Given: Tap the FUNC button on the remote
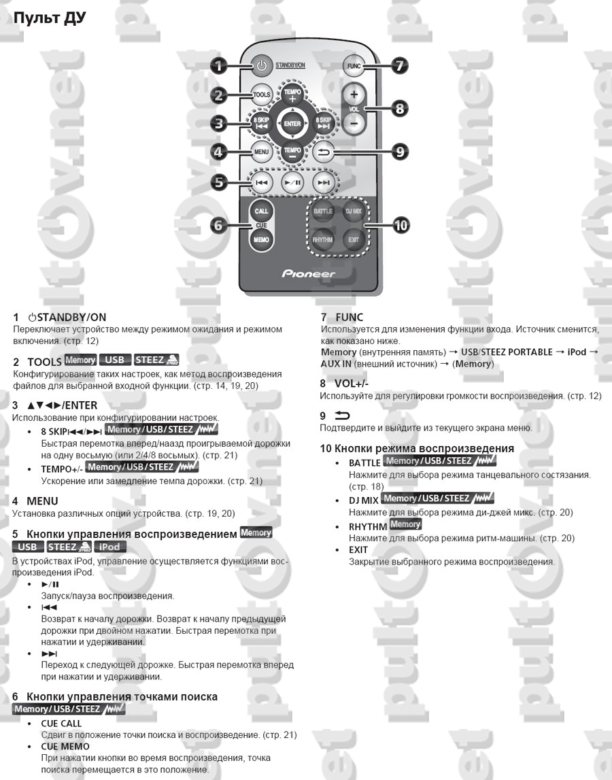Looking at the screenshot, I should (x=353, y=67).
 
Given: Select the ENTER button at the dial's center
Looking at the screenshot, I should (x=292, y=124).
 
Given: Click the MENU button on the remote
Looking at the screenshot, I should (x=262, y=152).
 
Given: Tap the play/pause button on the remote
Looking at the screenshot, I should (x=293, y=182).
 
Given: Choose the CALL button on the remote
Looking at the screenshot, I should (x=262, y=211).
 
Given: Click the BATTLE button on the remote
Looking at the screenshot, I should (x=323, y=211).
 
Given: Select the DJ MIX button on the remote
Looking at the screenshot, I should (x=353, y=211).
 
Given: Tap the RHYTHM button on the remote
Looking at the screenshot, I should (x=323, y=240).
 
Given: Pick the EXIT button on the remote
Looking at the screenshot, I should (x=353, y=240).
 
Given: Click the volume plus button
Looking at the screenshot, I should (x=354, y=95).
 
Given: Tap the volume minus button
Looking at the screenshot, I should (x=354, y=123).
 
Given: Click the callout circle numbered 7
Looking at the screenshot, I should (x=400, y=66).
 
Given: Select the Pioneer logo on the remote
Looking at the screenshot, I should (x=309, y=273).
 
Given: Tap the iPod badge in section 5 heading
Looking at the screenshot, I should (x=110, y=547).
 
